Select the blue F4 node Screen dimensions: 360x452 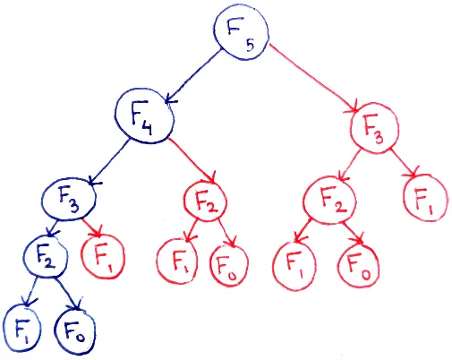click(x=144, y=116)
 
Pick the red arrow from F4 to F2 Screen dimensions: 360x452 click(x=184, y=160)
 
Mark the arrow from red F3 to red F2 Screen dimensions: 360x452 click(x=349, y=167)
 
